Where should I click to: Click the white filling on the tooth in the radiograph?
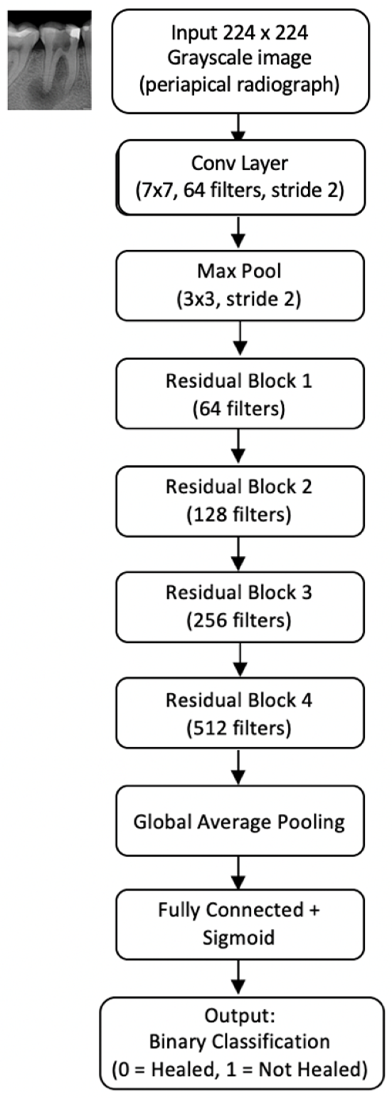pyautogui.click(x=74, y=32)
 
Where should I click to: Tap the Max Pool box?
pyautogui.click(x=240, y=285)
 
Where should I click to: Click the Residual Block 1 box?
pyautogui.click(x=240, y=393)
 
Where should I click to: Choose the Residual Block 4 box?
pyautogui.click(x=240, y=713)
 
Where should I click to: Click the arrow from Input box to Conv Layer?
pyautogui.click(x=239, y=127)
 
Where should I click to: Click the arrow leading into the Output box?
pyautogui.click(x=239, y=978)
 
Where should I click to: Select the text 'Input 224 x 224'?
pyautogui.click(x=240, y=33)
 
